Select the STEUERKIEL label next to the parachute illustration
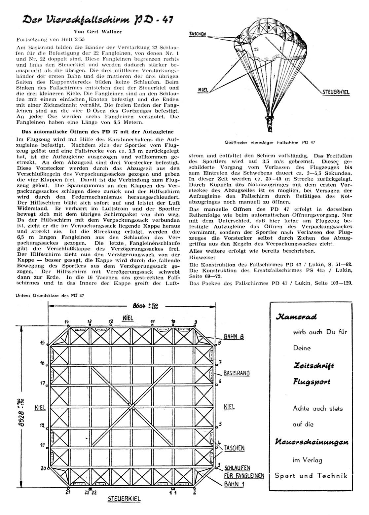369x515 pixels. coord(336,92)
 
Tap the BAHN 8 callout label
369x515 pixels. coord(234,337)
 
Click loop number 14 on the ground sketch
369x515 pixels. coord(67,321)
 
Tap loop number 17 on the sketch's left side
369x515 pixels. coord(42,383)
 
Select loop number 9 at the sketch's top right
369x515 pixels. coord(196,322)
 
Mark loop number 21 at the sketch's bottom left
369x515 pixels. coord(67,493)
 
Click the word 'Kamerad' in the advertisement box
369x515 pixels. coord(296,317)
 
